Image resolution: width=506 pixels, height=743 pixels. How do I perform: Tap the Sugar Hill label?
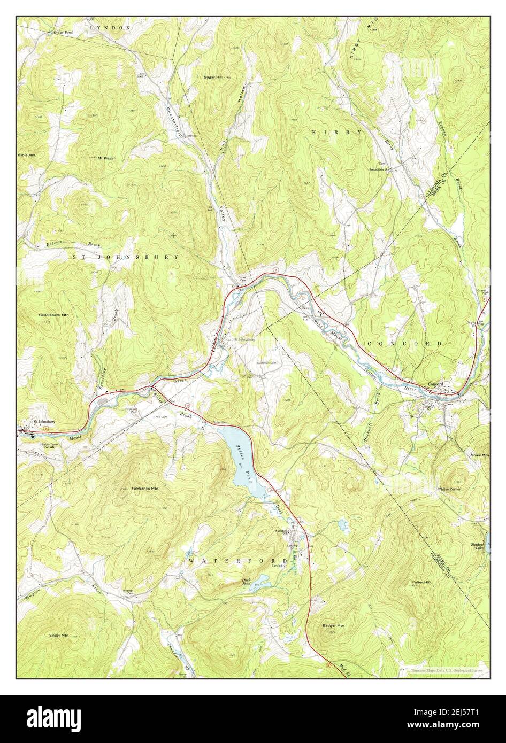[x=212, y=77]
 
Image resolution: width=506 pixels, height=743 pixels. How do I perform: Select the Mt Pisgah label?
[x=107, y=158]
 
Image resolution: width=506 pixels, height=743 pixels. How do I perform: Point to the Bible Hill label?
[x=27, y=154]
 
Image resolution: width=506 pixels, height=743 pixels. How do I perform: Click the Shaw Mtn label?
[x=479, y=455]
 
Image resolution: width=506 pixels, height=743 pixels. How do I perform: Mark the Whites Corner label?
[x=449, y=489]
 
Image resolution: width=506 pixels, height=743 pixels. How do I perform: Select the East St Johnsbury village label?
[x=241, y=339]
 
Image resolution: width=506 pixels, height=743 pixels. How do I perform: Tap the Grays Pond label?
[x=63, y=32]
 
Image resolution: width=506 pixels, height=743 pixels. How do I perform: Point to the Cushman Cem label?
[x=265, y=363]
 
